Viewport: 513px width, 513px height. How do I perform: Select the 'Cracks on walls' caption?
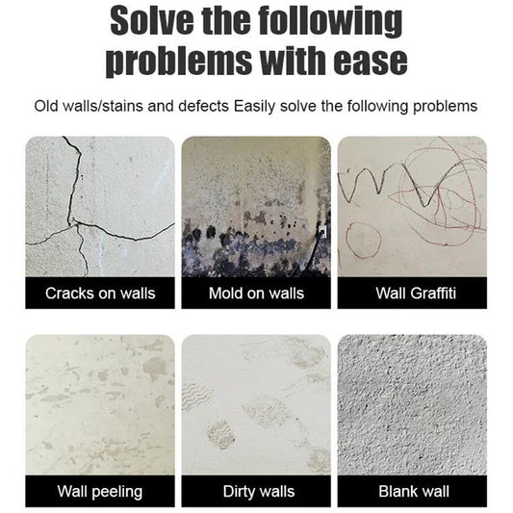click(100, 294)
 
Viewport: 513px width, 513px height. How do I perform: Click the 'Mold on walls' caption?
click(256, 294)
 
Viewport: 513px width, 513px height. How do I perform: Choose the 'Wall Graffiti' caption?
click(412, 294)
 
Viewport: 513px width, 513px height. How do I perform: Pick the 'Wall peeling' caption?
click(100, 492)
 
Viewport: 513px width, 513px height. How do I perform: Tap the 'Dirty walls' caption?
click(256, 492)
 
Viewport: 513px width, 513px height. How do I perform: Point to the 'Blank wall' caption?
click(412, 492)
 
